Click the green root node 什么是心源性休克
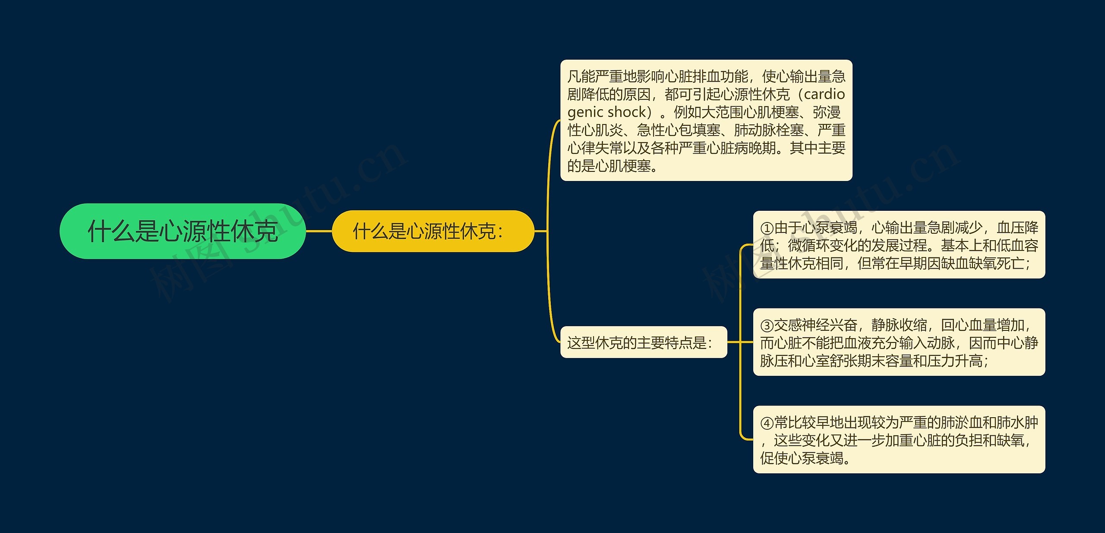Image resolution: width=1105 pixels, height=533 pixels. tap(183, 231)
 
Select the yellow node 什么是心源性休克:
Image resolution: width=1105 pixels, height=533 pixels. tap(433, 231)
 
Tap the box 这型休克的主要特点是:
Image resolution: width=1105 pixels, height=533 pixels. tap(643, 343)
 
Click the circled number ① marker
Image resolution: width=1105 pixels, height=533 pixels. tap(767, 228)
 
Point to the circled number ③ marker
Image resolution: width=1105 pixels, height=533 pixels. tap(767, 325)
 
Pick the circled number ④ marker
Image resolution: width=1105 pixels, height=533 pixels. tap(767, 423)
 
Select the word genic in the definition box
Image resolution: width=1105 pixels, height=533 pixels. tap(585, 112)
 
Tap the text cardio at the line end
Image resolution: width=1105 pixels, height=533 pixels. tap(824, 94)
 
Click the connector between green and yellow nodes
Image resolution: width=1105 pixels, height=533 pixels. tap(319, 231)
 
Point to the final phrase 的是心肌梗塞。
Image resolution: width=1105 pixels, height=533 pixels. tap(612, 166)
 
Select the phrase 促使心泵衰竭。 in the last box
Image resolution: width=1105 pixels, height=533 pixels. tap(805, 458)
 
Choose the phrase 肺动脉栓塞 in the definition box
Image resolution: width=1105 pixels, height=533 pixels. tap(769, 130)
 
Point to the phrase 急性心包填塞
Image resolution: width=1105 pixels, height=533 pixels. tap(679, 130)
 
